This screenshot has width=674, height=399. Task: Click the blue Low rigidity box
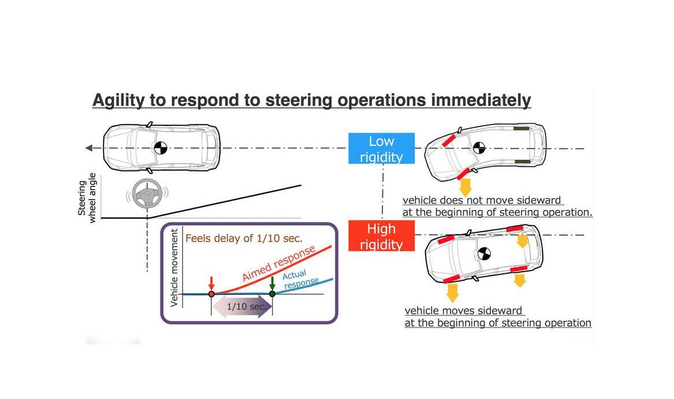tap(381, 148)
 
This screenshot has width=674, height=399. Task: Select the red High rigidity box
tap(381, 236)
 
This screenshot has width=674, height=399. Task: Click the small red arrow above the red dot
tap(211, 283)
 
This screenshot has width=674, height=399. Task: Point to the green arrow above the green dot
tap(272, 283)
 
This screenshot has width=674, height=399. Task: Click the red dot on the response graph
tap(211, 294)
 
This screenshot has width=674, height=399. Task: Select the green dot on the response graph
tap(272, 294)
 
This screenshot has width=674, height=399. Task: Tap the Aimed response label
tap(278, 264)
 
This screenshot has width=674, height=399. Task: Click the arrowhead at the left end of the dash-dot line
tap(89, 148)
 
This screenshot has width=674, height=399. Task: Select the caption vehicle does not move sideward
tap(482, 200)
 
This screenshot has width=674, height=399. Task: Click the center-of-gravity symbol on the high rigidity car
tap(483, 253)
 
